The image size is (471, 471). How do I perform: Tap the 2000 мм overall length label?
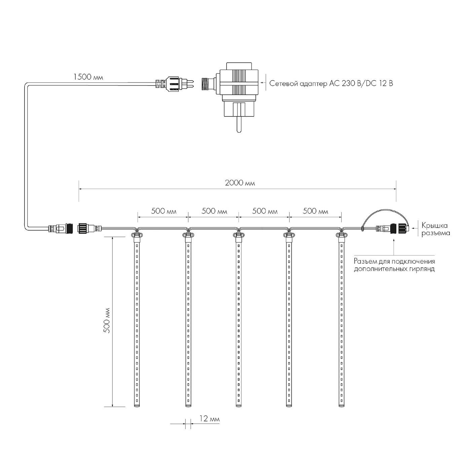click(x=240, y=183)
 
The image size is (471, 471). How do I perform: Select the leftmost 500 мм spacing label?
click(x=164, y=211)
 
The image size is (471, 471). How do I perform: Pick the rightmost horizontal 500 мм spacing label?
click(x=315, y=211)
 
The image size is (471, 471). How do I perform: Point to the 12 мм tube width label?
click(x=210, y=425)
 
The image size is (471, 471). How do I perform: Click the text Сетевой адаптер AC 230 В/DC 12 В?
click(x=331, y=83)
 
